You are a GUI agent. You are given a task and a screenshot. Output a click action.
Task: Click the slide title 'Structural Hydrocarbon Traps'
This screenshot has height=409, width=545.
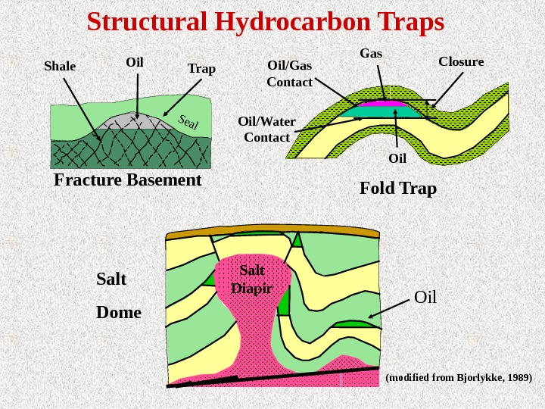265,22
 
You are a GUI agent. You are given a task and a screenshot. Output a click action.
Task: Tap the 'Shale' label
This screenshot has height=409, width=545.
60,66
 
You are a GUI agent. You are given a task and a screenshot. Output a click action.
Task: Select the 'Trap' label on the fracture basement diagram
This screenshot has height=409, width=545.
201,69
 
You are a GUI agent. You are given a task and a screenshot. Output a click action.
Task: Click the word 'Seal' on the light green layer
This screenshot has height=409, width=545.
188,121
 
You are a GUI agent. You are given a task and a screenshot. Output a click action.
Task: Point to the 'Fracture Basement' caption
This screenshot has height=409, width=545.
127,180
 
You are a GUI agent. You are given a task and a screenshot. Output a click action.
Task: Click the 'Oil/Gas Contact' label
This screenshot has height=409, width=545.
290,73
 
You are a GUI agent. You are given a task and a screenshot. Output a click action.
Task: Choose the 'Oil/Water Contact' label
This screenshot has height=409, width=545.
266,129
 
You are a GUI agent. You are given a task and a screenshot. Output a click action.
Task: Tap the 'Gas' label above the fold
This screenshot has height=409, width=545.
371,54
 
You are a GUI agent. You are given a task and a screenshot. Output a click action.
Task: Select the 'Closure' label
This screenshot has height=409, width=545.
461,61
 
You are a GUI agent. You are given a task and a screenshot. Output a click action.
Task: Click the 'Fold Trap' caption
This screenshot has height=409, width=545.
397,187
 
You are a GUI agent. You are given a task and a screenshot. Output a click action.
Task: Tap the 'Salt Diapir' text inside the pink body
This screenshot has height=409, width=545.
251,279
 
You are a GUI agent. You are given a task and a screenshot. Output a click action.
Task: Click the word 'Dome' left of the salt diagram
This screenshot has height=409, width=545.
119,311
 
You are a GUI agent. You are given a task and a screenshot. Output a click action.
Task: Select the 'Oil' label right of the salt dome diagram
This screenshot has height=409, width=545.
425,296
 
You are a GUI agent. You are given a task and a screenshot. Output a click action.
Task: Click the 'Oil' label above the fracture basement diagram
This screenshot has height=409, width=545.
135,61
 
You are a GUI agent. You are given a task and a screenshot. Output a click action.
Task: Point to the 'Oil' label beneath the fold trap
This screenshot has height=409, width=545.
397,158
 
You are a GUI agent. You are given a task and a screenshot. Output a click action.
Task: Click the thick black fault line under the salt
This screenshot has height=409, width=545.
272,375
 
